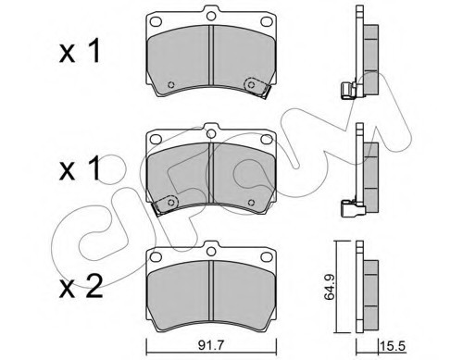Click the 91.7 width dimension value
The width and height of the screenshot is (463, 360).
point(211,345)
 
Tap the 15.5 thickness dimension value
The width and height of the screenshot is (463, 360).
point(393,345)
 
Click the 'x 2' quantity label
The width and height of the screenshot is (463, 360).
point(81,287)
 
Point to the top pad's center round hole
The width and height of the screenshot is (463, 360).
point(211,16)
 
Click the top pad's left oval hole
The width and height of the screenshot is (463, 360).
point(156,21)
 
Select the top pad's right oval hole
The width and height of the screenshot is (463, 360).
point(267,21)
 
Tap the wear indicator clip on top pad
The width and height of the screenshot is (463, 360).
point(256,87)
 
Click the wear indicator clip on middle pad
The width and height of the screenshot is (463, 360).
point(166,205)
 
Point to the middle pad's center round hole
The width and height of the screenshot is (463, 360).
point(211,133)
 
